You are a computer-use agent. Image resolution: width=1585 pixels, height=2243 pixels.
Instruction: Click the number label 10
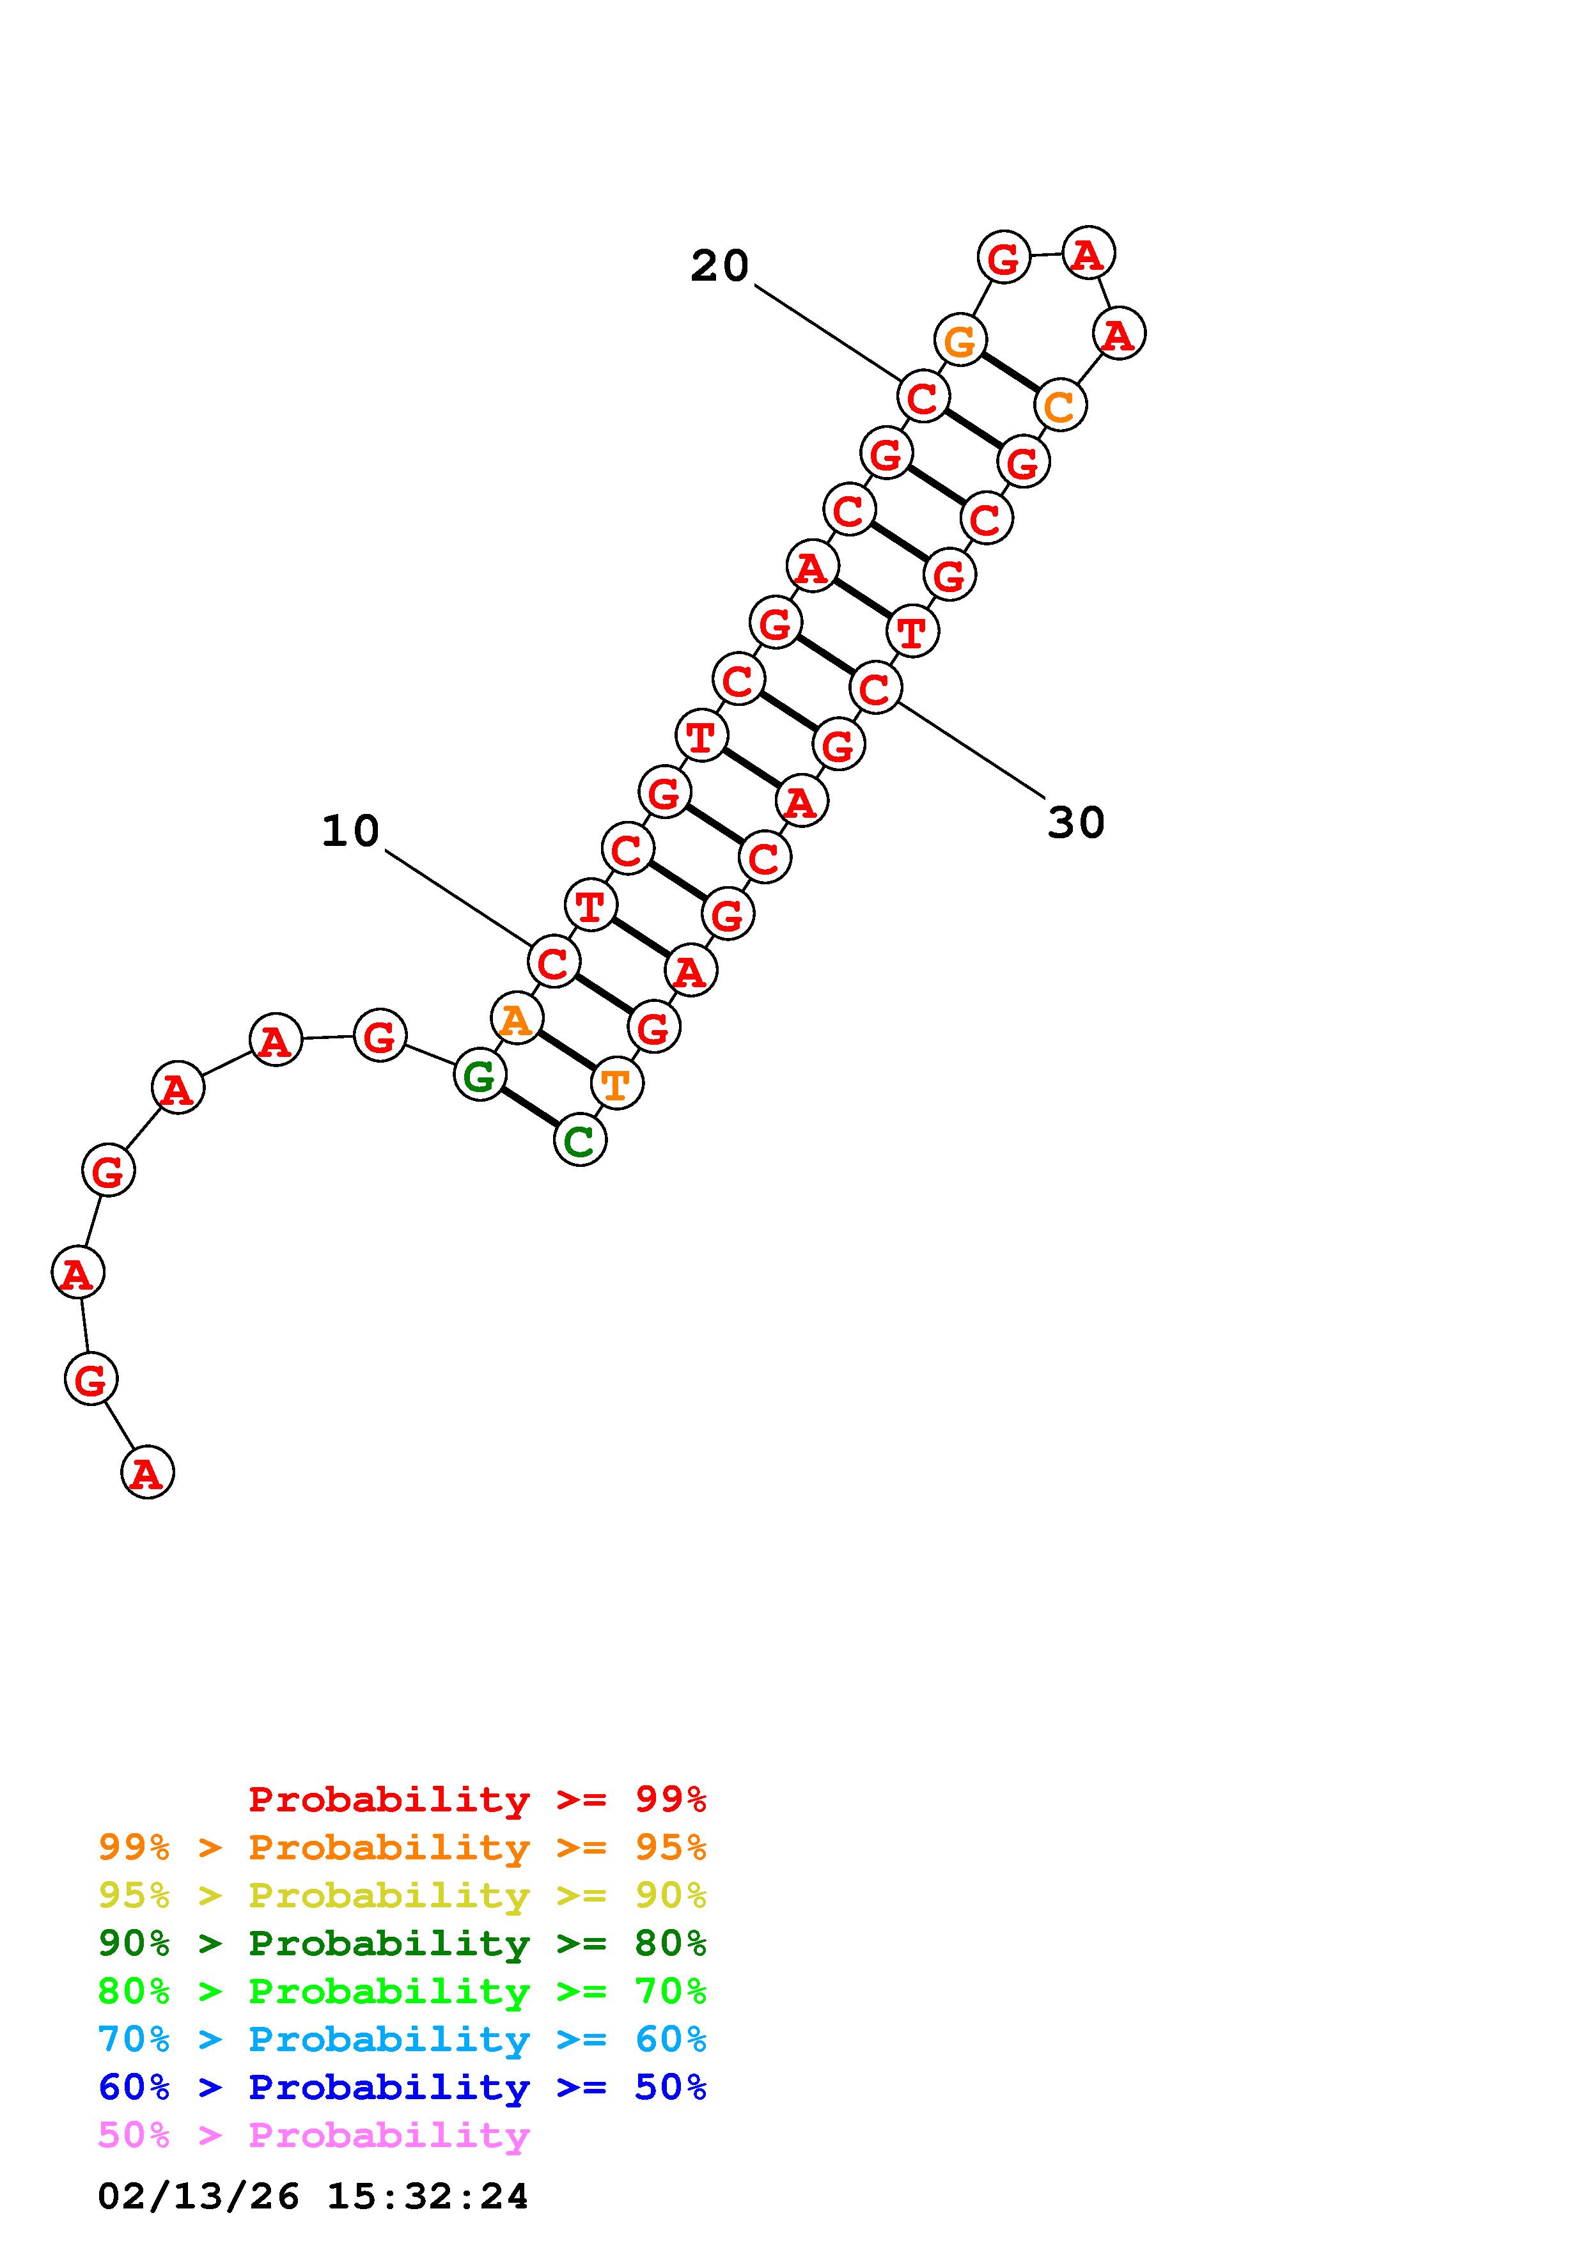coord(350,831)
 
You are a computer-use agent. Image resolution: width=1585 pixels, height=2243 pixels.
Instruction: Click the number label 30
coord(1075,822)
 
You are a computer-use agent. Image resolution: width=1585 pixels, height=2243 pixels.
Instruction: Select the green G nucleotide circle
coord(480,1075)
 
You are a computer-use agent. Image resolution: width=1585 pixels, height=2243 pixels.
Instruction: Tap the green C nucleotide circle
coord(580,1140)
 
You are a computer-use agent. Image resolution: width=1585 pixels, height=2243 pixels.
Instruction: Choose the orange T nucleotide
coord(617,1083)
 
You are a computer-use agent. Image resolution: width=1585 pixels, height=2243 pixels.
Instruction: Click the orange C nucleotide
coord(1059,405)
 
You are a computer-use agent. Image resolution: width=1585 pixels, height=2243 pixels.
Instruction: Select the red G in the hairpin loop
coord(1003,257)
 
